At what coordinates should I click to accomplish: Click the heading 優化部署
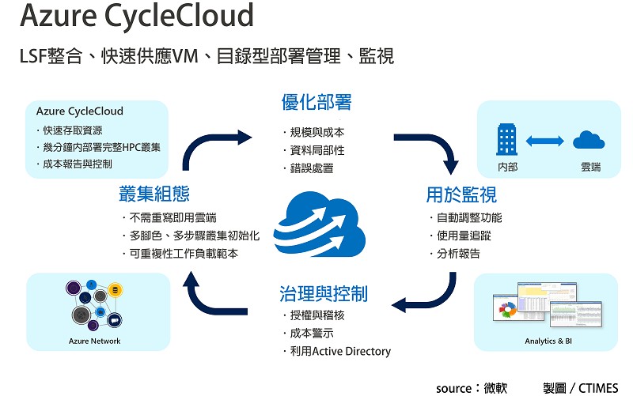click(x=316, y=103)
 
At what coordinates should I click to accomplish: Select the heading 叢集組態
click(x=154, y=194)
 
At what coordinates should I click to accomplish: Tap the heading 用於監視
click(x=461, y=194)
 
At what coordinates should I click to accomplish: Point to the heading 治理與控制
click(x=324, y=294)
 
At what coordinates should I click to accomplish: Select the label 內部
click(x=507, y=168)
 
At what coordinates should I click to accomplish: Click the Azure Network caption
click(x=95, y=341)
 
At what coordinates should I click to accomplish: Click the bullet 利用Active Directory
click(x=339, y=351)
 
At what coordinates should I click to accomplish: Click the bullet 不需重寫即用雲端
click(x=172, y=217)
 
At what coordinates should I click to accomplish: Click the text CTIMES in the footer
click(x=600, y=388)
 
